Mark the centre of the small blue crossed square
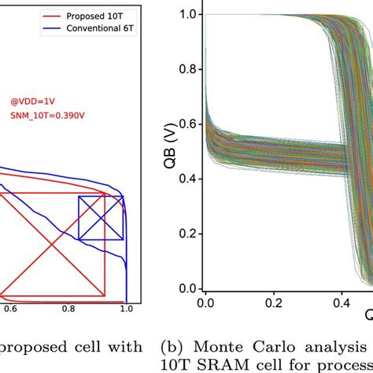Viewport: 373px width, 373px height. click(x=100, y=218)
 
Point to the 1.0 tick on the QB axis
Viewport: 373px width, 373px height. click(x=189, y=15)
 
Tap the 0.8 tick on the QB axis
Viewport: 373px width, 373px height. click(x=189, y=69)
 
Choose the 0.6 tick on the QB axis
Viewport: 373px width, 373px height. click(x=189, y=124)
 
